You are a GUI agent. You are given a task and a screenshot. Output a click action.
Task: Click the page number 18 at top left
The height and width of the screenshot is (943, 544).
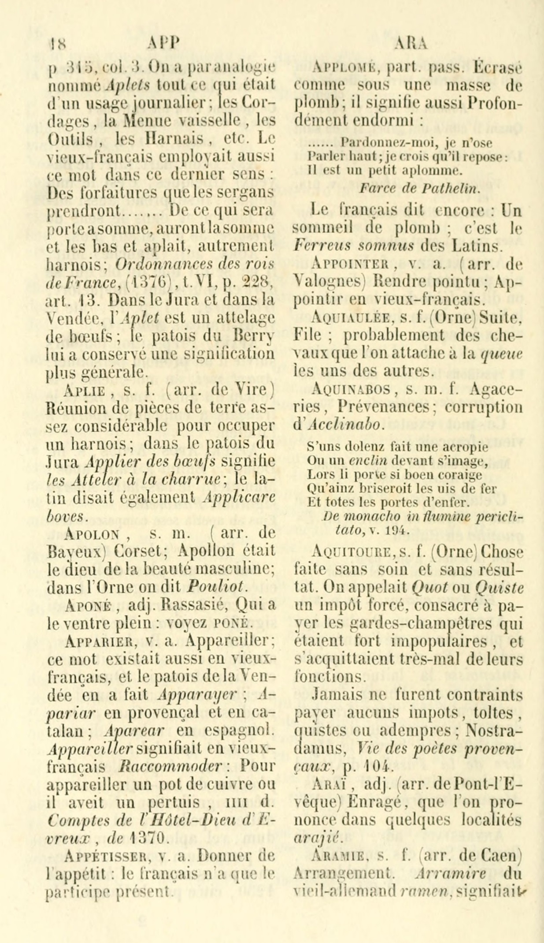pyautogui.click(x=56, y=44)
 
